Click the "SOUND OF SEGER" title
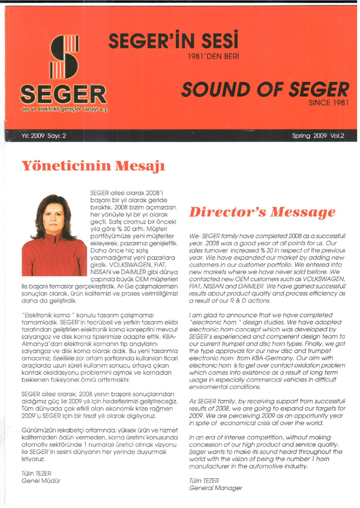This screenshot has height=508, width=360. (258, 90)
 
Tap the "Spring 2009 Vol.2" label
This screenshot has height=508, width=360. (318, 135)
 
